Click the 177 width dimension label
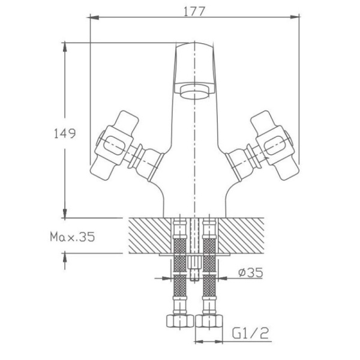point(193,11)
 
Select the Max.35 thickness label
point(73,238)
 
